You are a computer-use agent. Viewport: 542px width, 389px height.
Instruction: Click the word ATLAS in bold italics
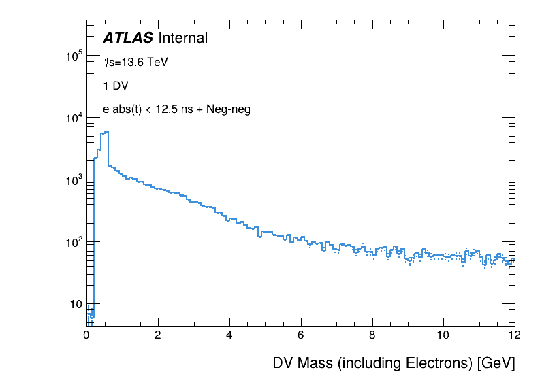click(128, 39)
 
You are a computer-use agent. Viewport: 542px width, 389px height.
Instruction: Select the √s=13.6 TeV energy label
click(135, 62)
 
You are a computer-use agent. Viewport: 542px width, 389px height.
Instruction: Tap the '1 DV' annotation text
click(116, 86)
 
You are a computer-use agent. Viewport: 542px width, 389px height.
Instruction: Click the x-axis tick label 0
click(86, 335)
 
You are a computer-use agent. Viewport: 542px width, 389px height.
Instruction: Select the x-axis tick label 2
click(158, 335)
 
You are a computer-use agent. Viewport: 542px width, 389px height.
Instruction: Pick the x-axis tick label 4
click(229, 335)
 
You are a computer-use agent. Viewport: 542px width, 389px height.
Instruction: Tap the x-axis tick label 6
click(301, 335)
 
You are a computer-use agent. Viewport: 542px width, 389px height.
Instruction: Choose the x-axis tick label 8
click(372, 335)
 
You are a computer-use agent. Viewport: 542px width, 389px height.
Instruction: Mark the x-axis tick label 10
click(443, 335)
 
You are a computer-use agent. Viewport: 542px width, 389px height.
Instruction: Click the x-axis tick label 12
click(514, 335)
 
